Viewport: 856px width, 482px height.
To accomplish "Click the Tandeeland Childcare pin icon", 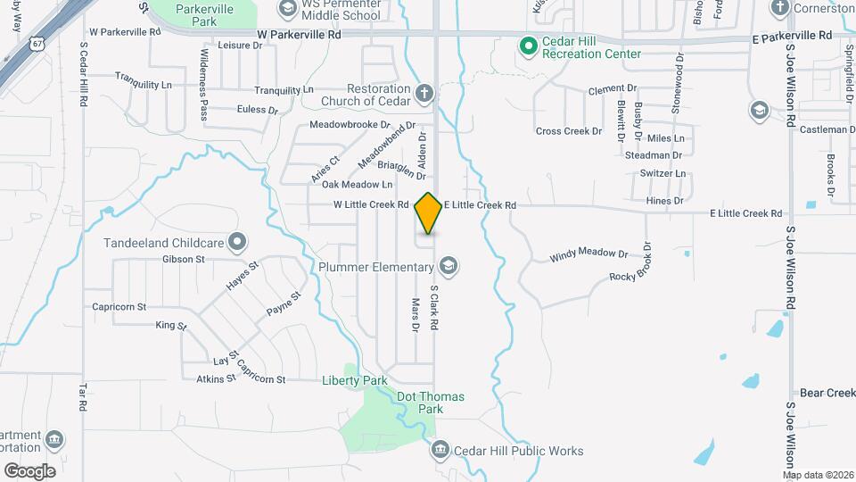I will (x=237, y=241).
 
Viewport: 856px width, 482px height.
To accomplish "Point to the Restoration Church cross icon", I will (x=424, y=90).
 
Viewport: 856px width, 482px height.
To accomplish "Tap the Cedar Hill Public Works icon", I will (x=440, y=450).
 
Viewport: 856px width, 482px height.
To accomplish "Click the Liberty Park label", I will (x=355, y=380).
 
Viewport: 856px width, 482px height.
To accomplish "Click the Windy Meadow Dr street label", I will (x=589, y=255).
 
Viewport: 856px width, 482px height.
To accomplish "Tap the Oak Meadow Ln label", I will (x=357, y=185).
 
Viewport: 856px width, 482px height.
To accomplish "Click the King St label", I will (x=170, y=326).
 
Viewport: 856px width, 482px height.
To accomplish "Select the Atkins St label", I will (x=216, y=378).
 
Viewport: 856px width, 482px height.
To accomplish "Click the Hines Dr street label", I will (x=664, y=201).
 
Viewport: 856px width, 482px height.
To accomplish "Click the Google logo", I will (x=29, y=471).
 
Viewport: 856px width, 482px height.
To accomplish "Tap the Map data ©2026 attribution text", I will (x=818, y=475).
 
